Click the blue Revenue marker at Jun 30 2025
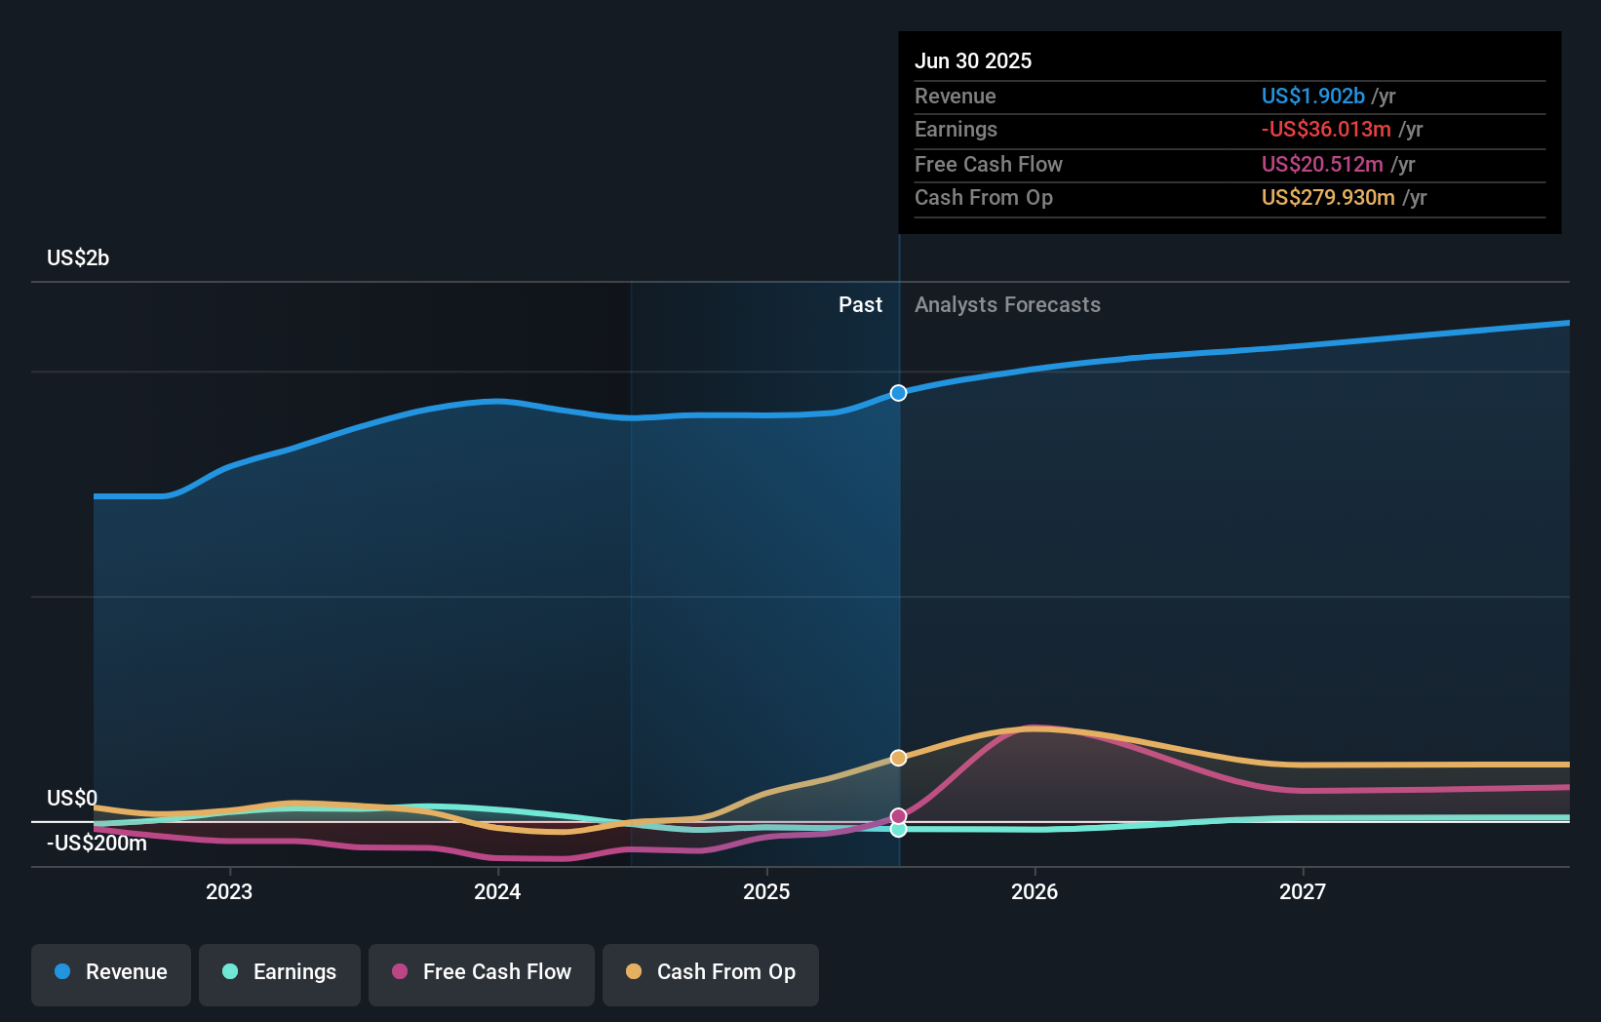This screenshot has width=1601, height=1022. (898, 393)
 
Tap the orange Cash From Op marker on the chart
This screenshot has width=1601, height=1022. (898, 758)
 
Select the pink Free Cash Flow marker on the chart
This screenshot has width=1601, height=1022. (898, 816)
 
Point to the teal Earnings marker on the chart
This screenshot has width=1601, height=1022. (898, 829)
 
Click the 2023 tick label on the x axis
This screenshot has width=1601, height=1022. (229, 892)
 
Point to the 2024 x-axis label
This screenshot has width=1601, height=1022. (497, 892)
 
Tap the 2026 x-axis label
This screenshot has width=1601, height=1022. (1035, 892)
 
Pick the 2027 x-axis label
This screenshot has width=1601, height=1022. (1303, 892)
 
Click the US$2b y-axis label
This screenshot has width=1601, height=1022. (78, 258)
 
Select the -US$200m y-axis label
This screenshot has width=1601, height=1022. (97, 844)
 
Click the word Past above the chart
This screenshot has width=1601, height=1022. (861, 305)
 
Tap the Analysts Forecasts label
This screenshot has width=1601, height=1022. (1008, 305)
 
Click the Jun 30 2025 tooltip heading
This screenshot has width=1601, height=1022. (973, 60)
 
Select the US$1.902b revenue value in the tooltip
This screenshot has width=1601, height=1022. (1313, 96)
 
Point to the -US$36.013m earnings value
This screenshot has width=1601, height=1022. (1326, 130)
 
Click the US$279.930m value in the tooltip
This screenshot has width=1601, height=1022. (1328, 197)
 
